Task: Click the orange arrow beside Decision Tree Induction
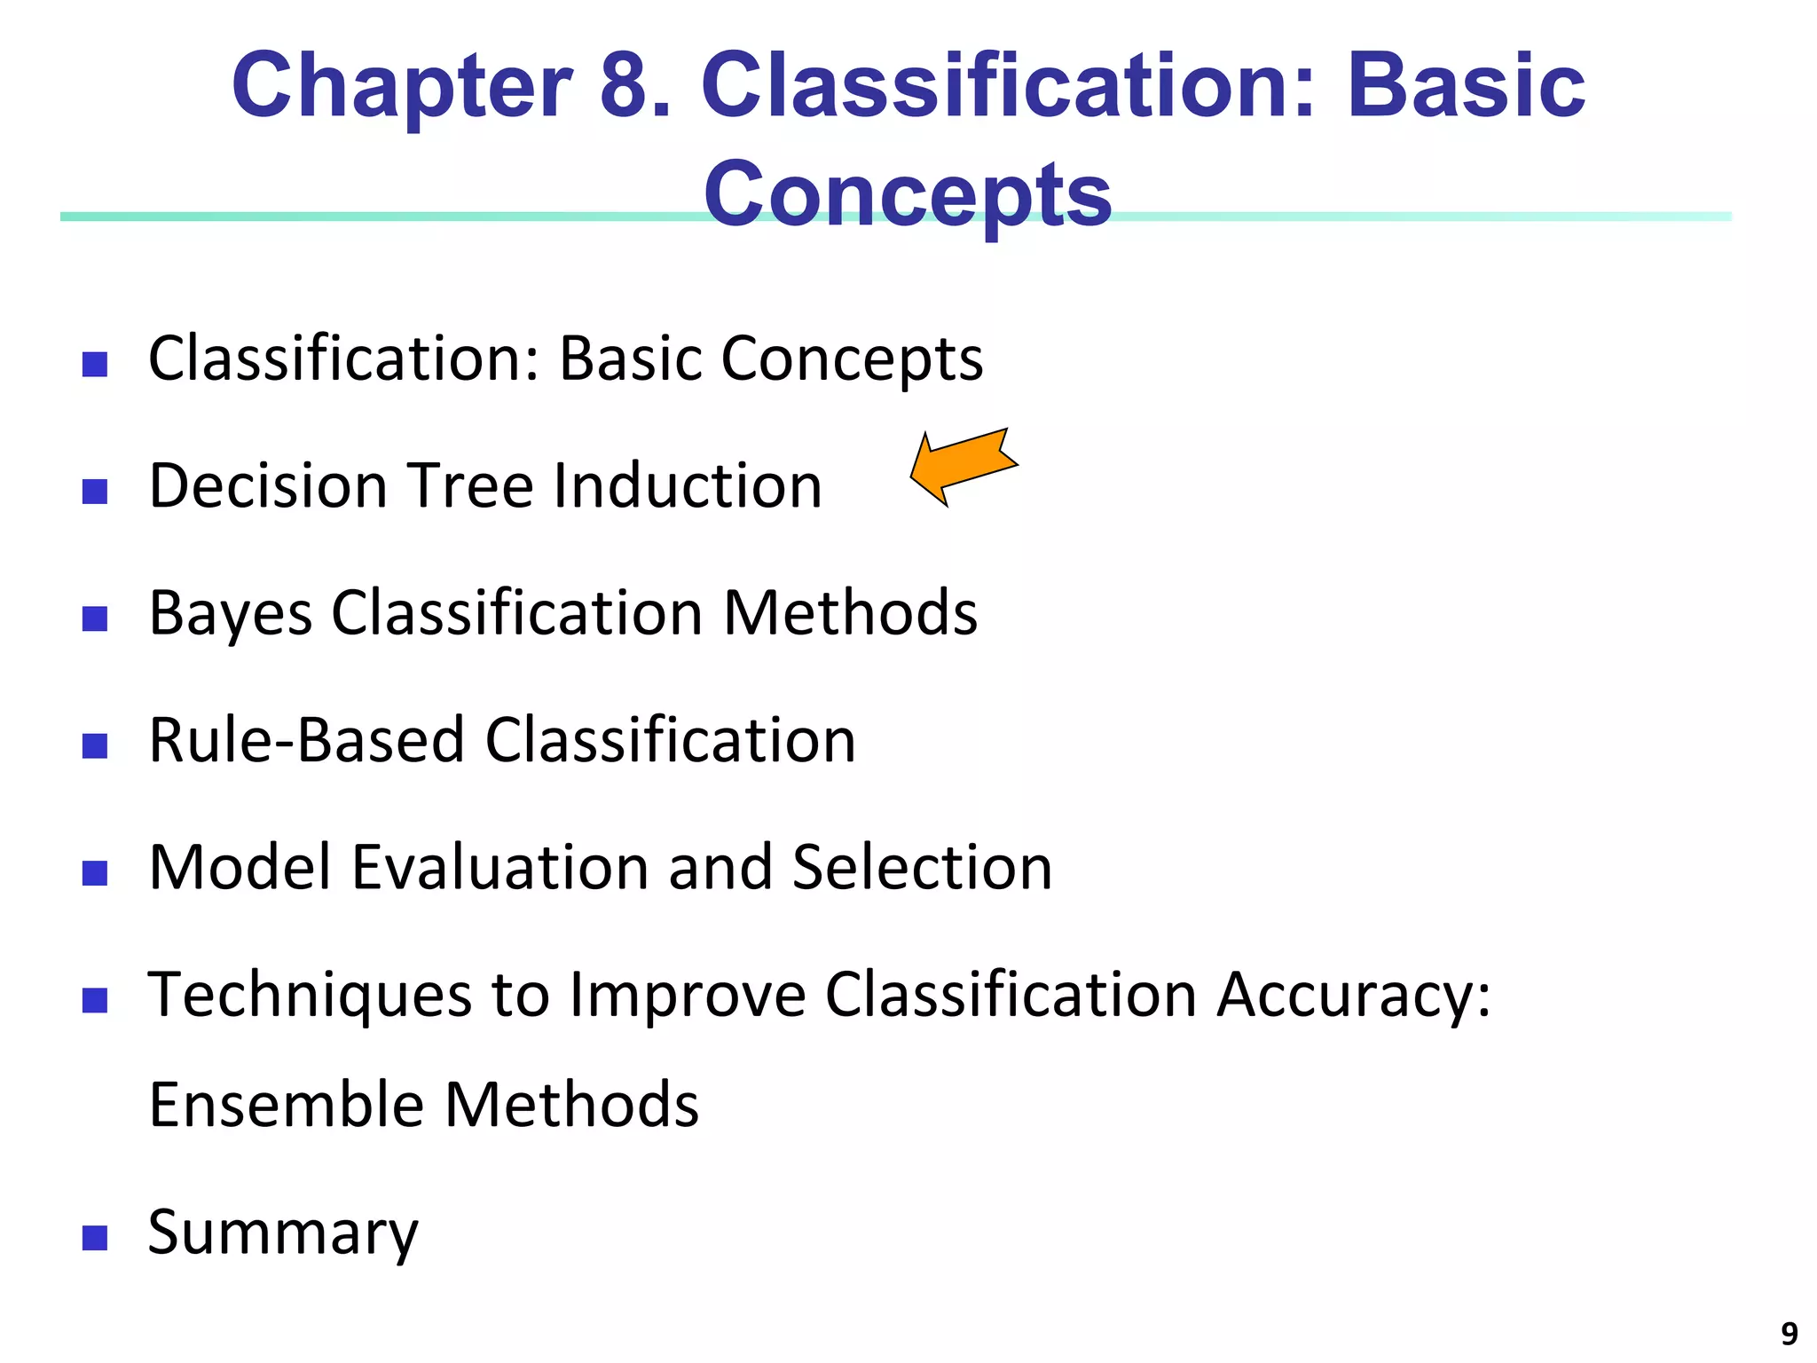point(964,467)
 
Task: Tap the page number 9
point(1789,1334)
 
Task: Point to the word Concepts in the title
point(907,195)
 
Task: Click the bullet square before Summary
point(95,1238)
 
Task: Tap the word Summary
point(282,1233)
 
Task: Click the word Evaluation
point(499,867)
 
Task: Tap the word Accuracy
point(1353,996)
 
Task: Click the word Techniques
point(310,996)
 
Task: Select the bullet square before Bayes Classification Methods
point(95,618)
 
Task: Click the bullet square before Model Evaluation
point(95,873)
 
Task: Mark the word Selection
point(922,867)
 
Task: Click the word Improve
point(688,996)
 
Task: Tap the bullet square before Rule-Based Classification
point(95,745)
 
